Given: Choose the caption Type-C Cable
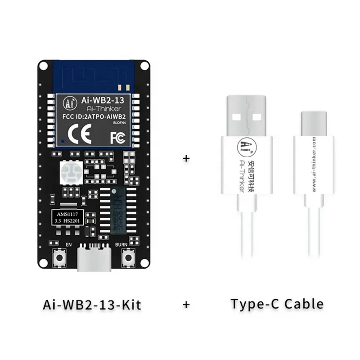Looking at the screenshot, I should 277,304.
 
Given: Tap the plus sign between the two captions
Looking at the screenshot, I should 186,305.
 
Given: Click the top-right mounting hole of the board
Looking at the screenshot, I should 144,66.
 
